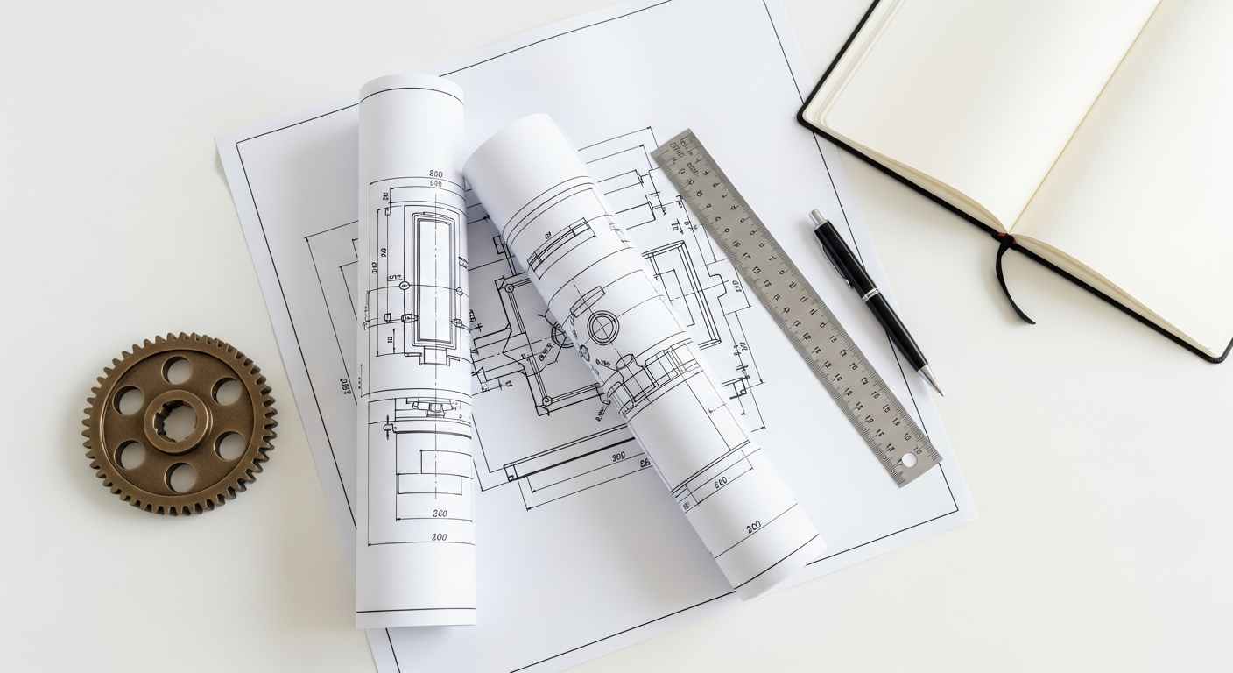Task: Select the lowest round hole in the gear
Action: [181, 477]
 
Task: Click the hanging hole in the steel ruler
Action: [907, 459]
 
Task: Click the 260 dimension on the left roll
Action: [440, 514]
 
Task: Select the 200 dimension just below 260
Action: [439, 536]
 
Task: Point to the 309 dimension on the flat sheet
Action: [618, 457]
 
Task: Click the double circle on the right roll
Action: [602, 329]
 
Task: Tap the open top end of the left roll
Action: [410, 86]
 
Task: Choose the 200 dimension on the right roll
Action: [753, 528]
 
